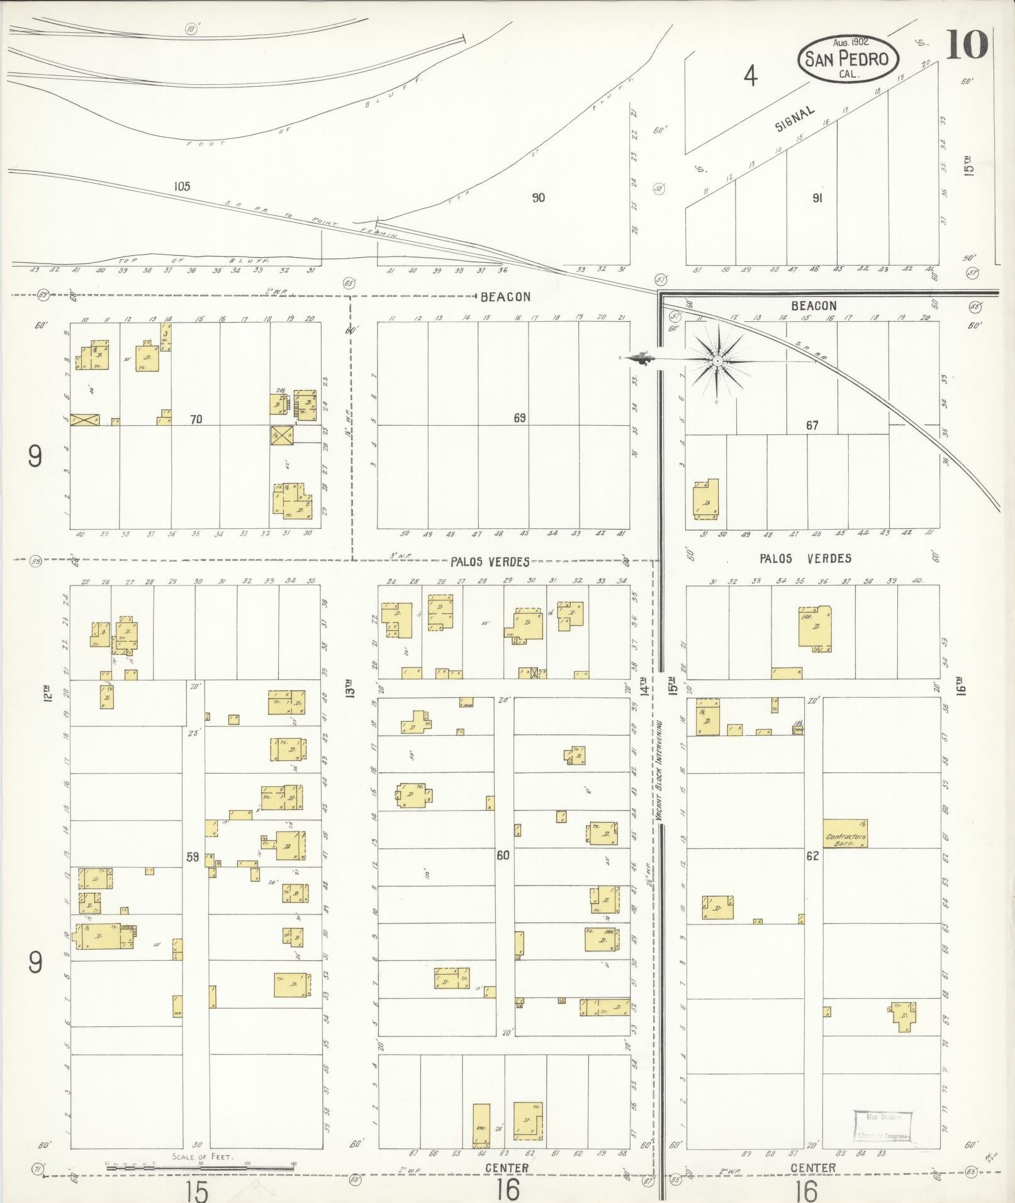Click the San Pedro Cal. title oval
(848, 58)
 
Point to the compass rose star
(717, 360)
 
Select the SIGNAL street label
(795, 118)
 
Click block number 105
(182, 186)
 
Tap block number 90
(538, 197)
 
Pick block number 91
(817, 197)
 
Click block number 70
(196, 419)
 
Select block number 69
(519, 418)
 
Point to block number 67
(812, 426)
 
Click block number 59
(193, 856)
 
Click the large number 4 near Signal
(750, 77)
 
